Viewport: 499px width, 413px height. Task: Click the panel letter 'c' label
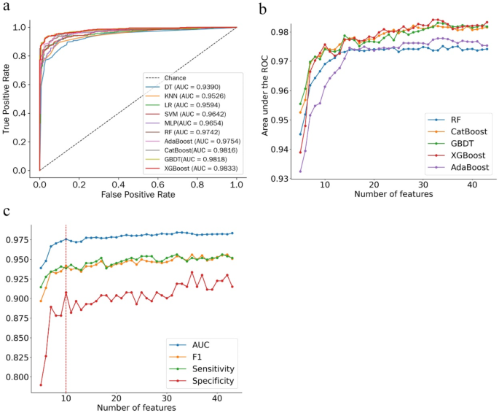7,212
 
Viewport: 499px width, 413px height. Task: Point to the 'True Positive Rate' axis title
7,98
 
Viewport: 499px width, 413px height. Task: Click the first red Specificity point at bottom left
41,385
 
